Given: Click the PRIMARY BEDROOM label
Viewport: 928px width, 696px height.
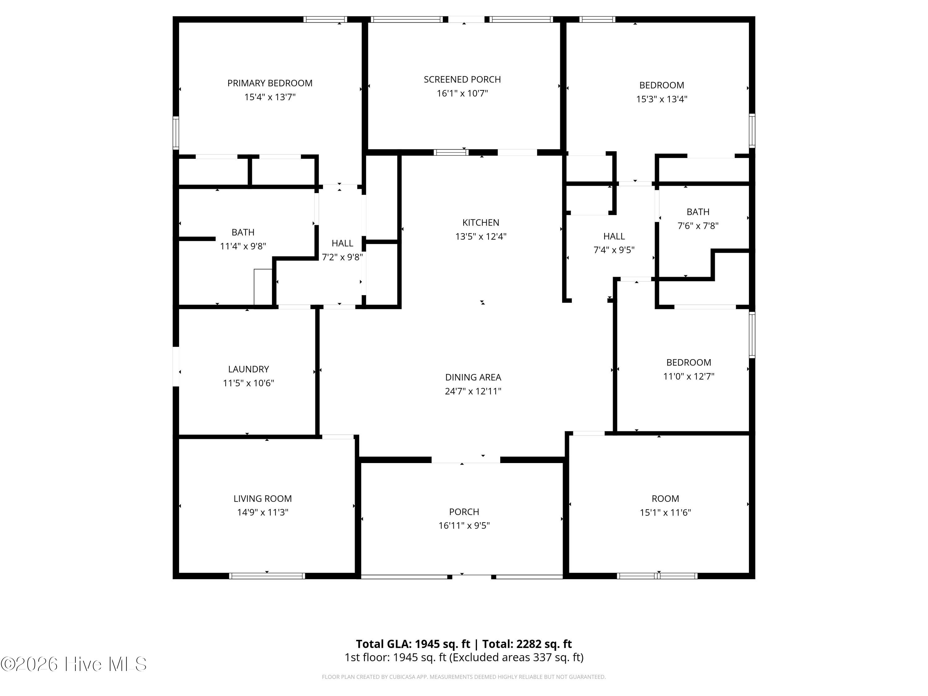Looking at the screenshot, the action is pos(270,83).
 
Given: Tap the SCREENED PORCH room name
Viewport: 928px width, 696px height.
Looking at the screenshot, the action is pos(462,79).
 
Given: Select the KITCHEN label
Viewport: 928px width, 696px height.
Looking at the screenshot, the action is pos(481,222).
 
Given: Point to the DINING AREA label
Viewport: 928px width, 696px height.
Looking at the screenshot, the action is pos(473,377).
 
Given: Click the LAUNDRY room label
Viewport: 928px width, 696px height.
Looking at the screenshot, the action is pos(248,369).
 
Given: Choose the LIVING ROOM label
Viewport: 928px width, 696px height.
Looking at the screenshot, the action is pos(263,498).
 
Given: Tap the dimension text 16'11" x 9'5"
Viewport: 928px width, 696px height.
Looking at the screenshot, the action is pos(464,526).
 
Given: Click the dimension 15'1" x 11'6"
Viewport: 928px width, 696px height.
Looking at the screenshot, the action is pos(665,512).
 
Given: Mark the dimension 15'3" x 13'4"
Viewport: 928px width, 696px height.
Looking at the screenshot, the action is pos(662,99).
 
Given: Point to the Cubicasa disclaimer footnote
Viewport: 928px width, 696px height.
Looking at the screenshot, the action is pos(464,677).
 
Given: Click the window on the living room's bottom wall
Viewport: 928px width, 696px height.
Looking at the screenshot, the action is pos(267,576).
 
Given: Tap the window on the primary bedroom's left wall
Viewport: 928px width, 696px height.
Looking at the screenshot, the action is pos(176,133).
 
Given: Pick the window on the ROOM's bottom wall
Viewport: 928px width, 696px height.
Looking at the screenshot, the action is pos(657,576).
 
